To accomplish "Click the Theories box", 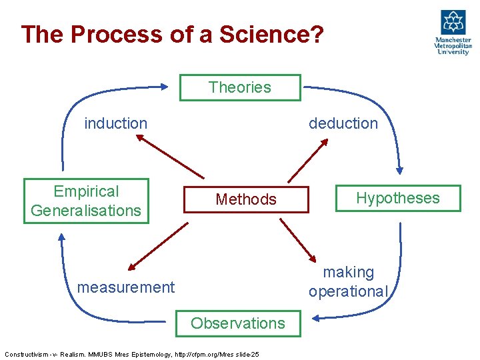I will (x=240, y=87).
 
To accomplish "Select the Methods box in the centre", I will (x=245, y=199).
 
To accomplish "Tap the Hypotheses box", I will (x=397, y=198).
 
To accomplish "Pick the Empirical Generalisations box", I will (x=86, y=201).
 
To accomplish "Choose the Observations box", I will (x=238, y=323).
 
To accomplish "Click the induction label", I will (x=115, y=123).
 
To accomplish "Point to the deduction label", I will (x=343, y=123).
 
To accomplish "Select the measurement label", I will (x=126, y=287).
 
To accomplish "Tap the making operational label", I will (x=347, y=281).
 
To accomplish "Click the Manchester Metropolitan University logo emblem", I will (x=453, y=22).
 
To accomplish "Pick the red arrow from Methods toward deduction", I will (x=307, y=160).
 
